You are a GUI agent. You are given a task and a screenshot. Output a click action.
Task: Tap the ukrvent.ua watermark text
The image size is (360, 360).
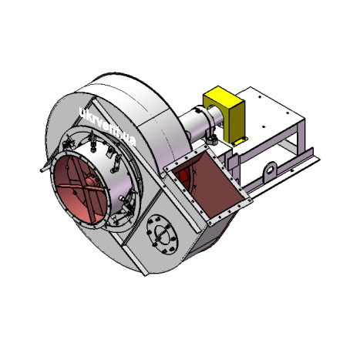pos(107,126)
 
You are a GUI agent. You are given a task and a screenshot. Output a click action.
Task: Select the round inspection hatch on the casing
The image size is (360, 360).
pos(163,234)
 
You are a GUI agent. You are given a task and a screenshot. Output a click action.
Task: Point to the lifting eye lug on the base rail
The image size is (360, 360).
pos(270,170)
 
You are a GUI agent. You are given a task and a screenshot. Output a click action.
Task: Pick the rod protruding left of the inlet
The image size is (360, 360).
pos(47,167)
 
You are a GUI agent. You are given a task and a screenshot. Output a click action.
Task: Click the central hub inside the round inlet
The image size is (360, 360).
pos(91,182)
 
